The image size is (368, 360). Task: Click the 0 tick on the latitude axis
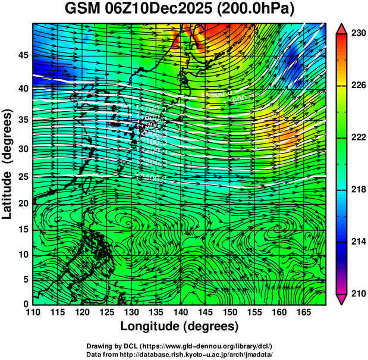(x=26, y=304)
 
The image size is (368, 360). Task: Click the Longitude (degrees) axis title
(x=179, y=327)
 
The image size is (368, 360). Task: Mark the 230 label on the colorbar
(x=358, y=34)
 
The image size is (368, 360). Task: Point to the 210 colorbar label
(x=358, y=294)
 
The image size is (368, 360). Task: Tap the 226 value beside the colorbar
(x=358, y=86)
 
